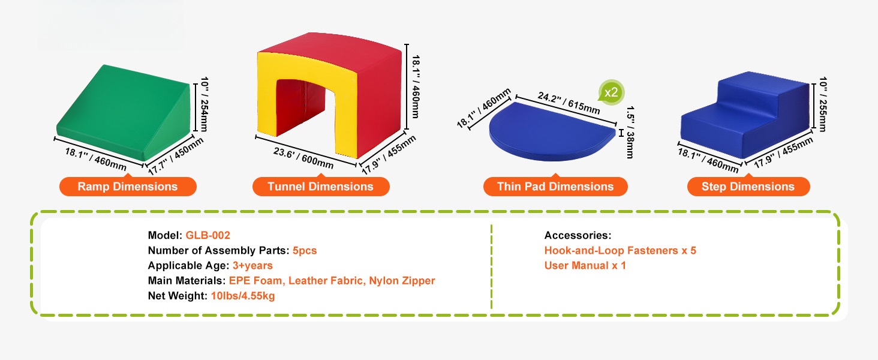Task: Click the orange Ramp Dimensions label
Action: pos(128,186)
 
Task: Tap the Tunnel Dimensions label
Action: pos(321,186)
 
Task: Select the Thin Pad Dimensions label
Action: pos(555,186)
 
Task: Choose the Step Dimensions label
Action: pos(748,186)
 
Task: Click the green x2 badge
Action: pos(611,93)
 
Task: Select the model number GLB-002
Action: pos(208,235)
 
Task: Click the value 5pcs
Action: pos(305,251)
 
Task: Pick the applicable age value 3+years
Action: pos(252,265)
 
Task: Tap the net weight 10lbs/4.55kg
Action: pos(243,296)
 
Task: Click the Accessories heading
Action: pos(578,235)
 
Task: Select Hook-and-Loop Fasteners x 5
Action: pos(620,251)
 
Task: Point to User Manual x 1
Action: pos(585,265)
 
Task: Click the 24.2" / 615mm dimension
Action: pos(569,103)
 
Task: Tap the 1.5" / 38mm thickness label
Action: pos(630,132)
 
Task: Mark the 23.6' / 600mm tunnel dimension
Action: pos(303,158)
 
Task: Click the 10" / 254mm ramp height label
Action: pos(205,104)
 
